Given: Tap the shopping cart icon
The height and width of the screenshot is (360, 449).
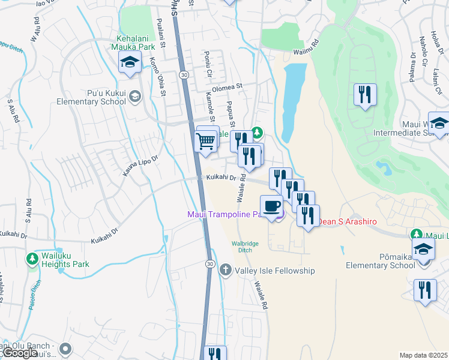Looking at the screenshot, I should (206, 142).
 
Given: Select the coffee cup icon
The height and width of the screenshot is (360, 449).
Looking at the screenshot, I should (272, 206).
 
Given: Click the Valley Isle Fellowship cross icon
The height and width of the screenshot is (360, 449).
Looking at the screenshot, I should (226, 271).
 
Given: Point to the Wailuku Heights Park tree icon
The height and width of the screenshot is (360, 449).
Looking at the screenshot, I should (32, 259).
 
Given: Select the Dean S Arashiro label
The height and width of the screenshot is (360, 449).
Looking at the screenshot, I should (348, 221).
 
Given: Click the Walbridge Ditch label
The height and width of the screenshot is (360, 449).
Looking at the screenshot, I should (244, 247).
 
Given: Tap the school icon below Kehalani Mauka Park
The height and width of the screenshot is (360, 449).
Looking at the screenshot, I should (129, 62).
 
